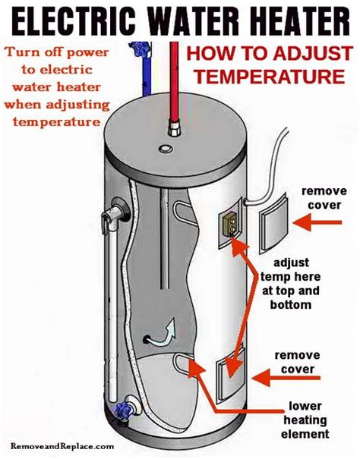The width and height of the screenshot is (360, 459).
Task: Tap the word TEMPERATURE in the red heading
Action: (270, 77)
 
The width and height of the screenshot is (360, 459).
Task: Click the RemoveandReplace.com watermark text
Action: (62, 446)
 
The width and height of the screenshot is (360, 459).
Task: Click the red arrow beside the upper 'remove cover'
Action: (317, 222)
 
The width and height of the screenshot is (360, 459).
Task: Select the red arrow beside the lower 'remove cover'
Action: (286, 378)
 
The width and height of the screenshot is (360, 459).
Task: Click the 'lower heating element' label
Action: (305, 420)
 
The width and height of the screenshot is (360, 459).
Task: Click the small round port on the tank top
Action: (166, 149)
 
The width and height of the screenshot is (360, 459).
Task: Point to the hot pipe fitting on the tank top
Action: (174, 128)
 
